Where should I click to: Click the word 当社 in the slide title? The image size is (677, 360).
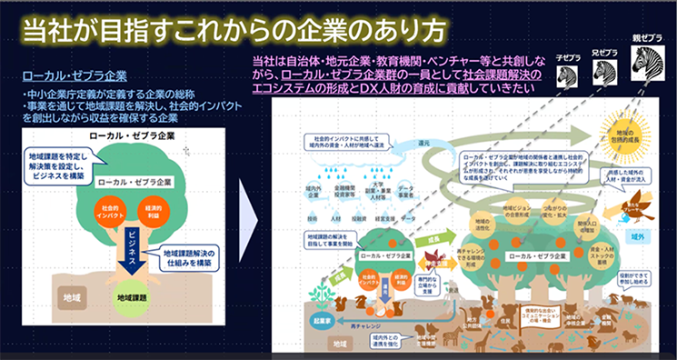pos(51,28)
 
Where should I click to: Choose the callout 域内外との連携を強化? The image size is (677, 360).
pos(360,340)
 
